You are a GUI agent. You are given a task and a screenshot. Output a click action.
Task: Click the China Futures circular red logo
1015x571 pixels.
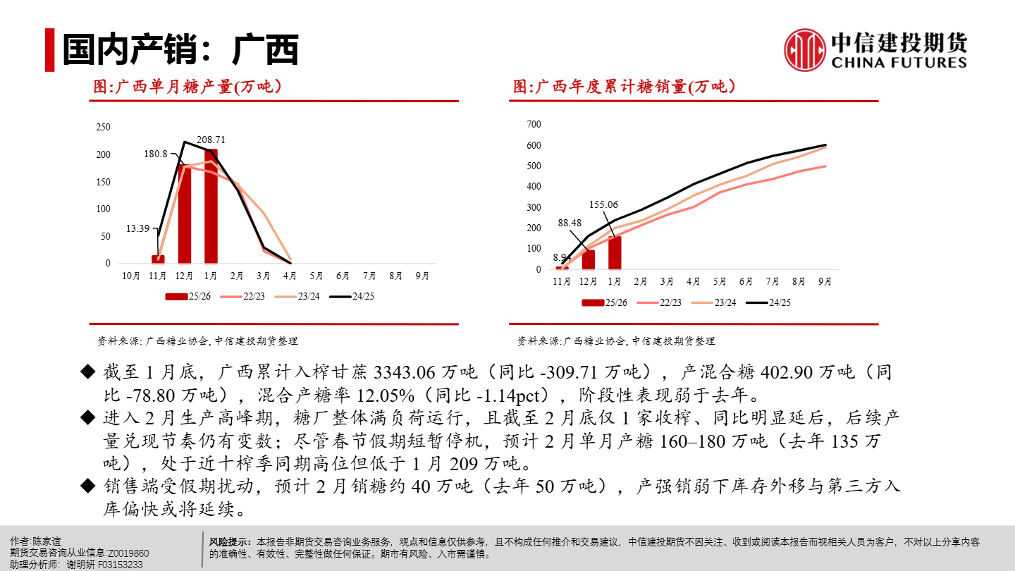[x=805, y=50]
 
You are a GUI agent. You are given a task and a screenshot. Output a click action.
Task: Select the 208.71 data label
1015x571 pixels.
[x=211, y=140]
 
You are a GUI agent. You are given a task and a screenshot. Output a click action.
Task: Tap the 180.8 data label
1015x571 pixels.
[x=156, y=154]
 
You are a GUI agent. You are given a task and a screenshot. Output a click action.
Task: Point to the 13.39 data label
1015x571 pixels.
[x=138, y=228]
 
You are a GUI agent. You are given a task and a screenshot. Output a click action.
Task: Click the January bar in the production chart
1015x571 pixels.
[x=211, y=206]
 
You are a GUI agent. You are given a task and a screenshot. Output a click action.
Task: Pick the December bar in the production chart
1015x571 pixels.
[x=185, y=214]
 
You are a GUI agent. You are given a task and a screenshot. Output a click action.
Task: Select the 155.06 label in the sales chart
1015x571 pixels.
[x=603, y=205]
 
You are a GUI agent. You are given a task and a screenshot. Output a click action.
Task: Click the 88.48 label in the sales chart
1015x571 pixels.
[x=570, y=223]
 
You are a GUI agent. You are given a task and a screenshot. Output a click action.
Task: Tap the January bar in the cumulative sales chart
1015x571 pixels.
[x=615, y=252]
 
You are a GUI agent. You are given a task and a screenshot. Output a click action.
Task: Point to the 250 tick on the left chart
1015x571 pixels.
[x=103, y=127]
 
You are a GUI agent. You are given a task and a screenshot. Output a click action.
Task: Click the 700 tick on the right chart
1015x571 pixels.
[x=534, y=125]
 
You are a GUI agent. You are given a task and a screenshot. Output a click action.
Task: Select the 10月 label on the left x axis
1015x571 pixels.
[x=132, y=276]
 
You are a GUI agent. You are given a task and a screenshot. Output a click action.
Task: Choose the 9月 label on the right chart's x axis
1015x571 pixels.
[x=825, y=281]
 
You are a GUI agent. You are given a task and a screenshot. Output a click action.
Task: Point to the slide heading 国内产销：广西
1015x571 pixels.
[x=180, y=50]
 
